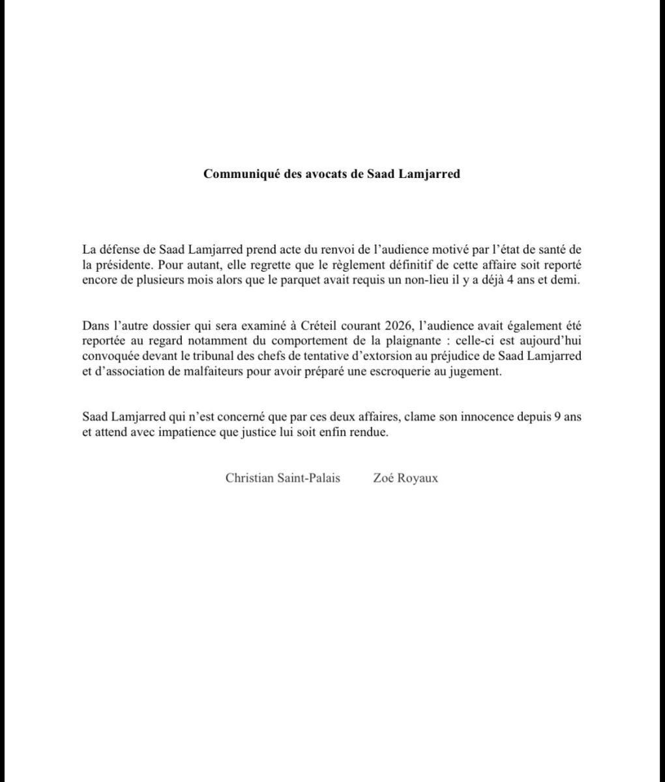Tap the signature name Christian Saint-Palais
[282, 478]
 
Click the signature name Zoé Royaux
[406, 478]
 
